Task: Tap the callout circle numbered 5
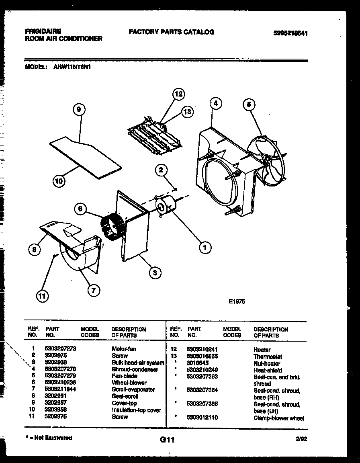[x=249, y=104]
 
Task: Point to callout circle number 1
[x=205, y=248]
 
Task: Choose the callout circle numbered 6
[x=80, y=208]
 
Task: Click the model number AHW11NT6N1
[x=72, y=68]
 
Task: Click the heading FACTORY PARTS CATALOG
[x=172, y=32]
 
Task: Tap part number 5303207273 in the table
[x=61, y=349]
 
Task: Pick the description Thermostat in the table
[x=268, y=356]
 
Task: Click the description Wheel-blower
[x=129, y=383]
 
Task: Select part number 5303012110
[x=202, y=418]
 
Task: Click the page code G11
[x=166, y=440]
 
